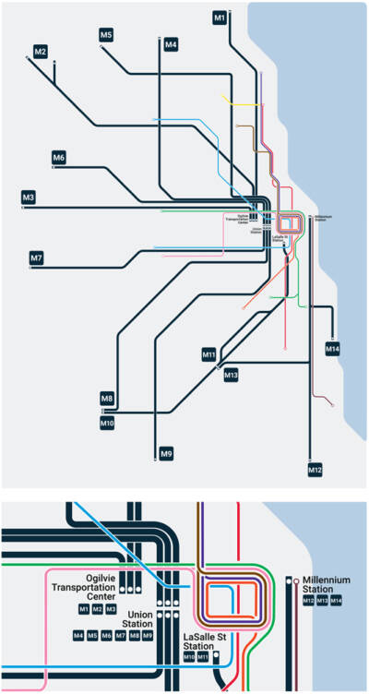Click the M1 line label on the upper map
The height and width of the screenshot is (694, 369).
point(219,18)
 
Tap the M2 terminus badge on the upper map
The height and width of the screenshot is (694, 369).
point(40,52)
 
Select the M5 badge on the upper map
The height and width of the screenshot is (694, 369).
point(106,36)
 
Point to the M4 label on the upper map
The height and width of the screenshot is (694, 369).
point(171,44)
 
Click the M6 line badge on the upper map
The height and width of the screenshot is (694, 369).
point(59,158)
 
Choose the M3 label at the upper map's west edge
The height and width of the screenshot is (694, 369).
point(30,198)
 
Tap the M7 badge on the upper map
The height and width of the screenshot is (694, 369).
point(36,258)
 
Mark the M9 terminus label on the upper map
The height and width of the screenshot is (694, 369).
point(166,453)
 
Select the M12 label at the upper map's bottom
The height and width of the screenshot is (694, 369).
point(315,470)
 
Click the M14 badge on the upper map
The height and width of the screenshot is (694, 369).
point(333,349)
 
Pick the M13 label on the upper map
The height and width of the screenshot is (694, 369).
point(231,376)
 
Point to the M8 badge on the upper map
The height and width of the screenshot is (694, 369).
point(107,399)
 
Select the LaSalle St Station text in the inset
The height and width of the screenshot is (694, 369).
point(211,642)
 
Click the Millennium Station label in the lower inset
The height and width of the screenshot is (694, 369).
point(326,584)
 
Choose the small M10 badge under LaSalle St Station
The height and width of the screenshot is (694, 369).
point(189,657)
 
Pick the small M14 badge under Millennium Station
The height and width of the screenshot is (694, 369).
point(337,602)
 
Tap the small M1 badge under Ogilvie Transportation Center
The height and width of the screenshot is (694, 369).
point(84,609)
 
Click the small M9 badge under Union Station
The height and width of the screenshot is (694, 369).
point(147,636)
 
